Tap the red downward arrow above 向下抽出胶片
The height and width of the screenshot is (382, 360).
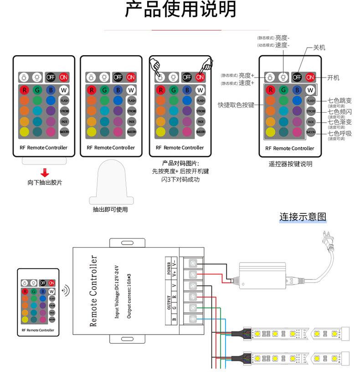(45, 173)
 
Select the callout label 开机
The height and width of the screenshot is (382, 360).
(334, 77)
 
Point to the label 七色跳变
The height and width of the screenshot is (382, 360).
(340, 101)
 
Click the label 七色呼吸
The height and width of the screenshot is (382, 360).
(340, 134)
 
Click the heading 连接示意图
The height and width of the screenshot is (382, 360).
(303, 217)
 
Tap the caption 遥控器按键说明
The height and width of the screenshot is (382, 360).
(290, 164)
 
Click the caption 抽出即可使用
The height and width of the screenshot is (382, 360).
(110, 210)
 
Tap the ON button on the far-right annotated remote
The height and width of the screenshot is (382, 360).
(310, 77)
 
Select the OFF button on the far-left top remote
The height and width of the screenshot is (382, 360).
(50, 77)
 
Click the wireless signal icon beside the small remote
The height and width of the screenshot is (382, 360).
(66, 290)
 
